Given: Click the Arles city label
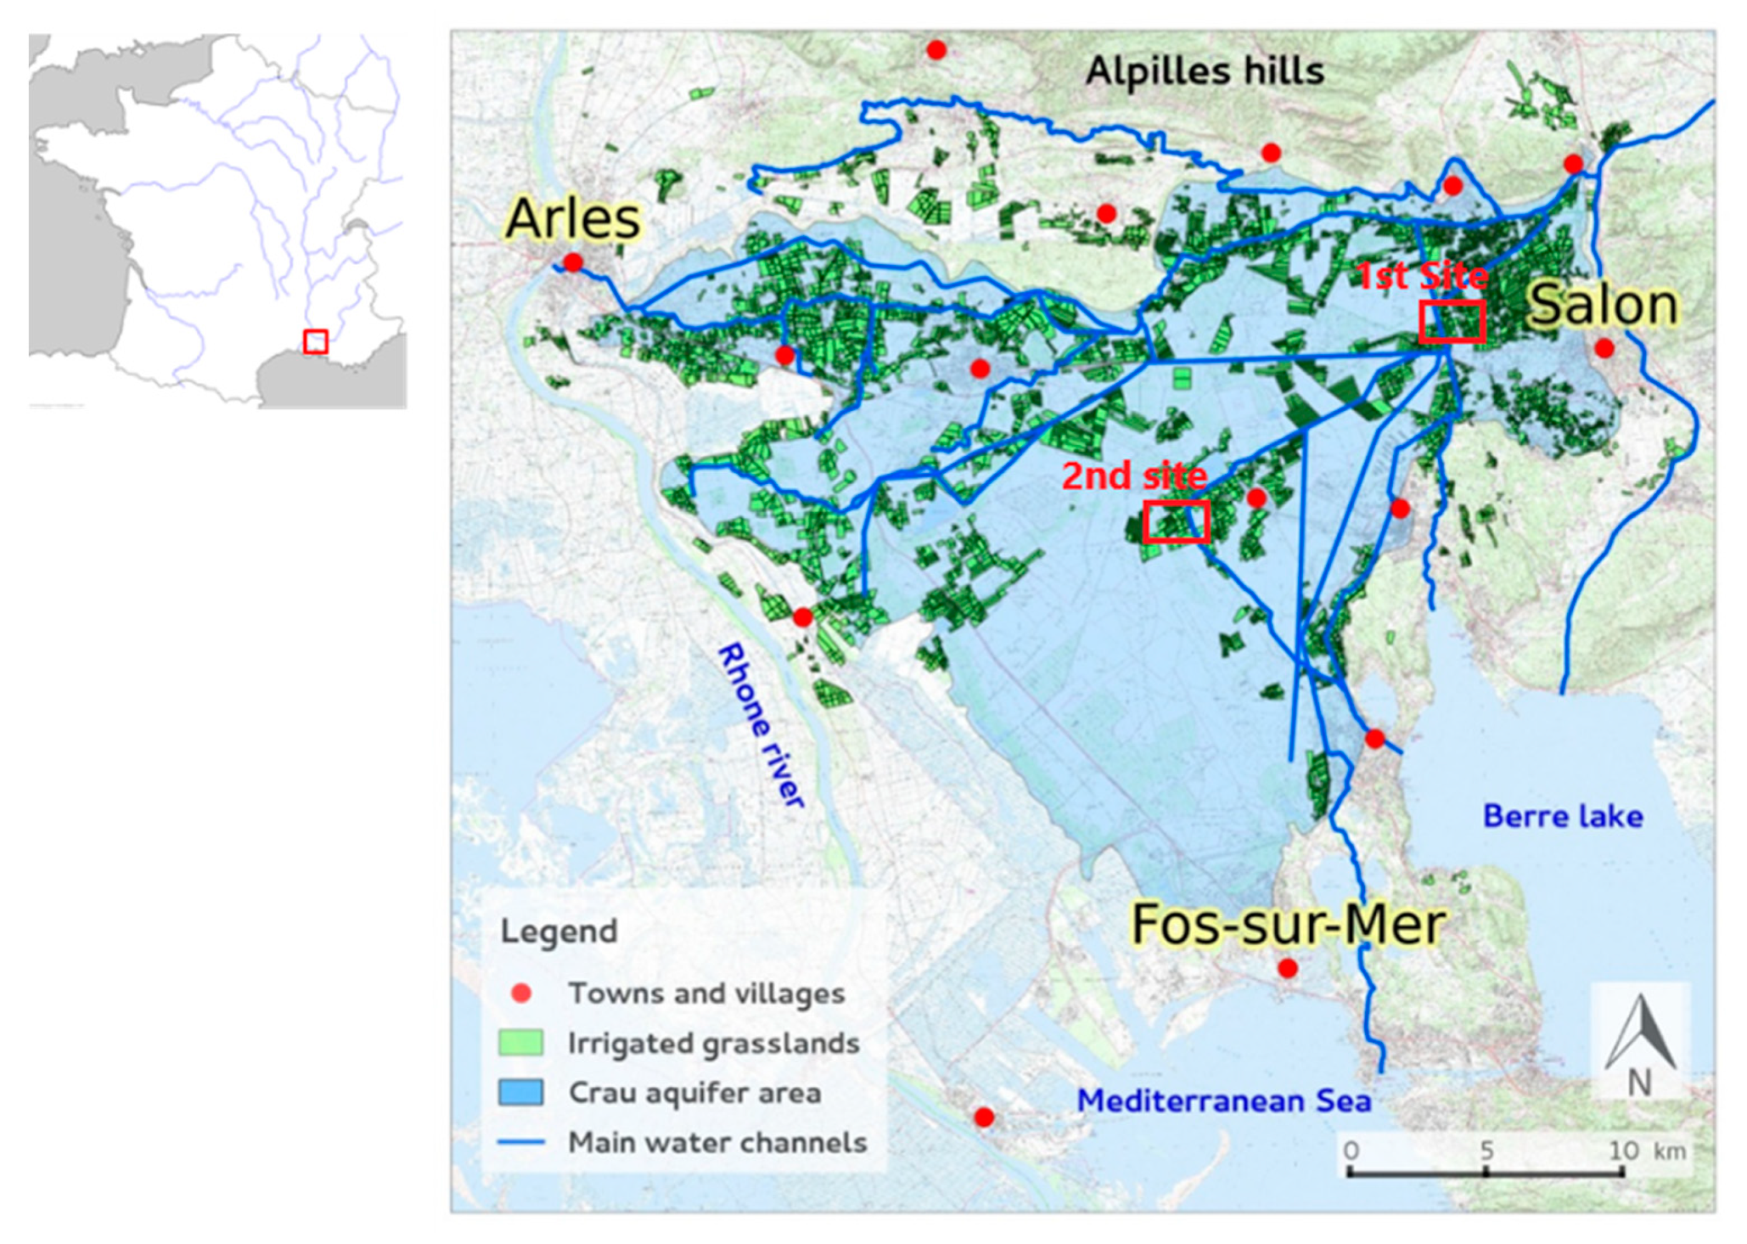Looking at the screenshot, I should click(572, 219).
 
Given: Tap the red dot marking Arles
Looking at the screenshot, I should click(572, 263).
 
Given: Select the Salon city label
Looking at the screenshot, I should click(1603, 305).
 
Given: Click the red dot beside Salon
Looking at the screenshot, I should click(1605, 349).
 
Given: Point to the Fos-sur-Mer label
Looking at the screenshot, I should click(1288, 925).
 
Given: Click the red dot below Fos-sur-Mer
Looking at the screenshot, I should click(1288, 968).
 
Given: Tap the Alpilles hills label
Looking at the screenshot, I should click(1205, 71).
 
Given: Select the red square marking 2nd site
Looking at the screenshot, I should click(1176, 522).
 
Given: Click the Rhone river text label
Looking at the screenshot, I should click(761, 725).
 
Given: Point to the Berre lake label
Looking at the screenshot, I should click(1563, 817).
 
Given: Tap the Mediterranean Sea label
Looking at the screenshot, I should click(1224, 1101).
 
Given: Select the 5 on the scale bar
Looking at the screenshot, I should click(1485, 1150).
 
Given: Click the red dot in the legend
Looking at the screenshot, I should click(521, 993).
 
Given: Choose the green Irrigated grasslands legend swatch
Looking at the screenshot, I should click(521, 1043).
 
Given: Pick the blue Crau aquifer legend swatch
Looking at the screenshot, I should click(521, 1092).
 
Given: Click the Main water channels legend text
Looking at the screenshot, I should click(717, 1142).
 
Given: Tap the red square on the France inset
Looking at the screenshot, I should click(316, 342).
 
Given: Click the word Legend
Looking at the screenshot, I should click(559, 931).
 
